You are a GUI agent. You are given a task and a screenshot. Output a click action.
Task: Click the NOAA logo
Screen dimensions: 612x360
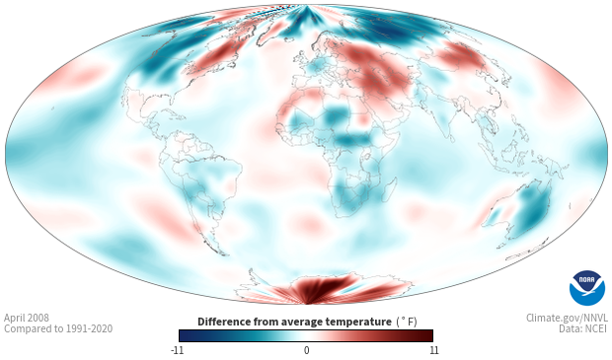click(587, 288)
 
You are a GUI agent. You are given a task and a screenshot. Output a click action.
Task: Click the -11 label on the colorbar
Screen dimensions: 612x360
click(178, 350)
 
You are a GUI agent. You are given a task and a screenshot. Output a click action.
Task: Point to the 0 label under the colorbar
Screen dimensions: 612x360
click(306, 350)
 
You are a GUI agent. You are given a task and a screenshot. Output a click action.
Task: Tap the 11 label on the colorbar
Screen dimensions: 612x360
click(433, 350)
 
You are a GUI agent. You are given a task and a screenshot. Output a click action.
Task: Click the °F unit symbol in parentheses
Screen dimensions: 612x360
click(407, 322)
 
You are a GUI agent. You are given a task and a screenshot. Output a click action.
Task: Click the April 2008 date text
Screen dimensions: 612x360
click(27, 318)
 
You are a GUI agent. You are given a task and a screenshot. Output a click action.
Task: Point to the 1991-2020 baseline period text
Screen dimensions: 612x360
click(90, 328)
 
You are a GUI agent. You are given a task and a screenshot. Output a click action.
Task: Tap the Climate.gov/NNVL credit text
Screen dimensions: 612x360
click(567, 318)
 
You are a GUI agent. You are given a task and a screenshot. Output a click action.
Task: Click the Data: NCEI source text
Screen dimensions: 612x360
click(583, 328)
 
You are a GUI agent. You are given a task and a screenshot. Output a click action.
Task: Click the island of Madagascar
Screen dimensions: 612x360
click(390, 188)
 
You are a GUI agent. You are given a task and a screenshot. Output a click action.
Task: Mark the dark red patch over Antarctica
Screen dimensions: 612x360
click(324, 287)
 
